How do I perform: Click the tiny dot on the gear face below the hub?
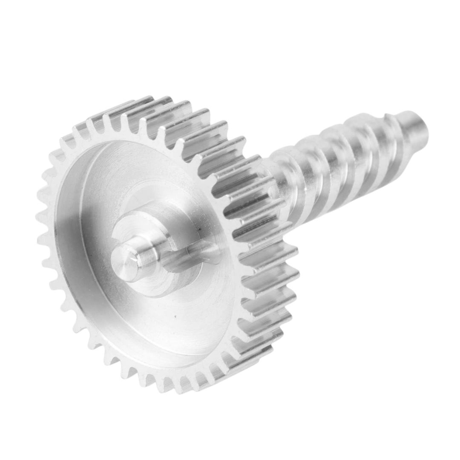[x=174, y=316]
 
